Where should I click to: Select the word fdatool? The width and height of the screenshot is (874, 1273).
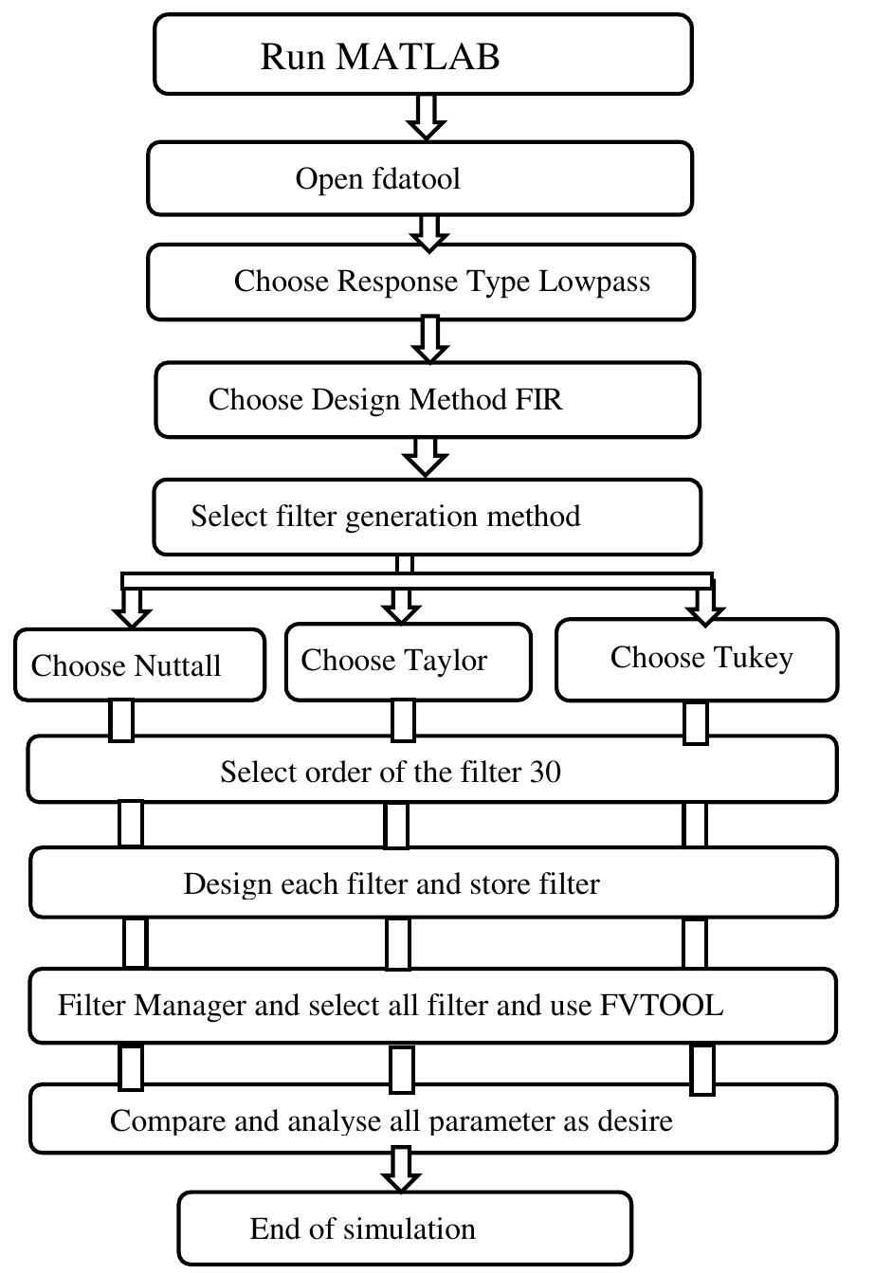tap(417, 178)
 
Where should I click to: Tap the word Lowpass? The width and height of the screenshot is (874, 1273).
tap(594, 282)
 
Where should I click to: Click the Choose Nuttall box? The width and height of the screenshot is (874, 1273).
tap(139, 665)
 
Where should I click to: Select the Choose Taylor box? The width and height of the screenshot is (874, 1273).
tap(408, 661)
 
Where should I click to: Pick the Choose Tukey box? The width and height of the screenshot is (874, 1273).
tap(697, 658)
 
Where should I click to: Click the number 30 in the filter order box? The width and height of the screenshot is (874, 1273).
tap(544, 772)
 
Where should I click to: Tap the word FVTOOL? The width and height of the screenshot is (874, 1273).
tap(662, 1005)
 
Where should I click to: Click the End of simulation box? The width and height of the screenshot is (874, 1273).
tap(405, 1228)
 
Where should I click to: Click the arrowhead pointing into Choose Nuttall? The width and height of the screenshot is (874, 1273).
tap(132, 614)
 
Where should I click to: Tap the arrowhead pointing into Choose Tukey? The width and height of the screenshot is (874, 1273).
tap(703, 612)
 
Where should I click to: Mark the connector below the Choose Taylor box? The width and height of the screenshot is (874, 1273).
tap(403, 721)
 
